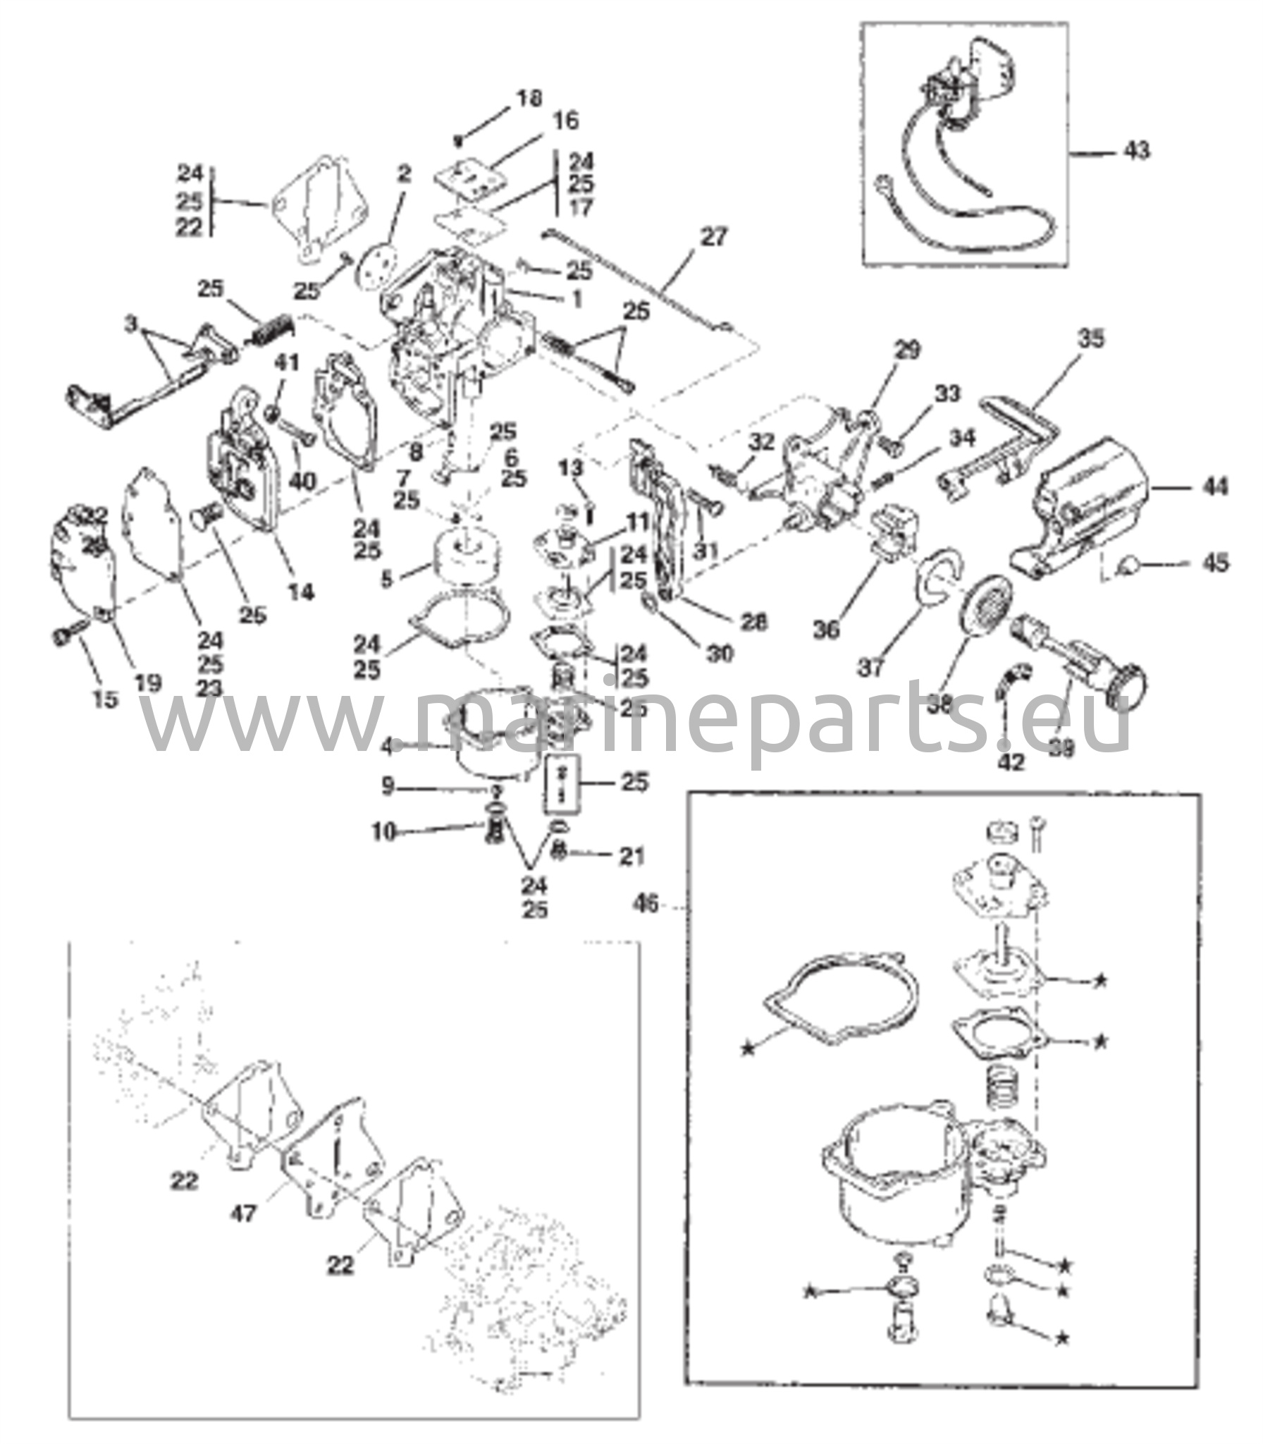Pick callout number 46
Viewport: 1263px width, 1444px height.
[646, 903]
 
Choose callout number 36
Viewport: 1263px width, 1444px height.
[825, 628]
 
